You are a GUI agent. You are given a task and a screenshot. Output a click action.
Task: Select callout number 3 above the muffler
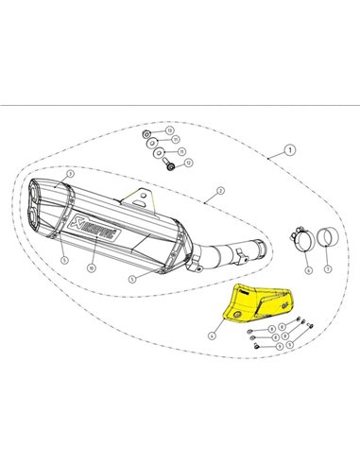point(71,176)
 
